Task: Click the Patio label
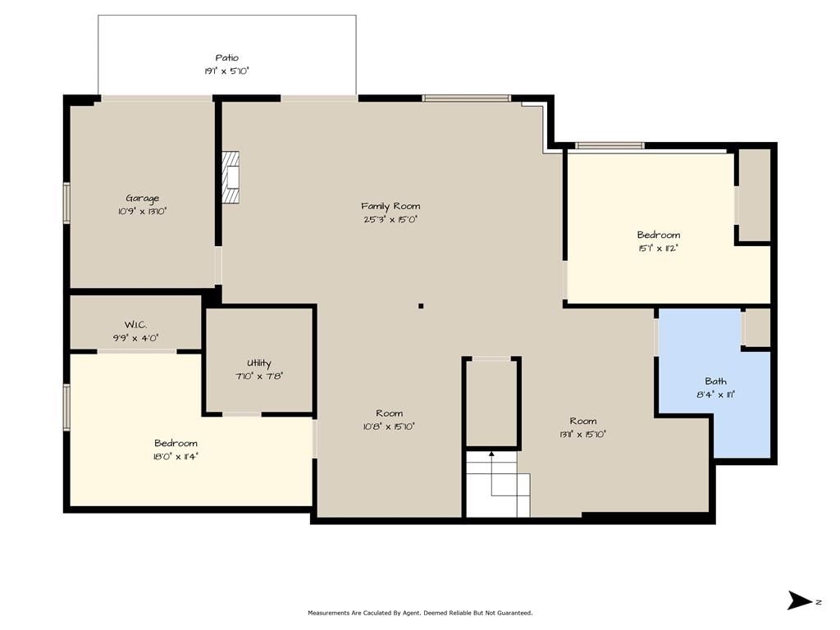[x=226, y=58]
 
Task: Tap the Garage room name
[x=143, y=199]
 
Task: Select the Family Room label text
[x=390, y=206]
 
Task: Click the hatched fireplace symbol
[x=231, y=177]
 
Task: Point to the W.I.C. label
[x=135, y=325]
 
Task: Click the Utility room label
[x=259, y=363]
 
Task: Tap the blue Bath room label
[x=715, y=381]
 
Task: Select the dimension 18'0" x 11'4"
[x=176, y=457]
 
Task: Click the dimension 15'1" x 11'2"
[x=659, y=249]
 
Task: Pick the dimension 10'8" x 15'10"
[x=389, y=427]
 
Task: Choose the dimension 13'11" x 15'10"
[x=583, y=435]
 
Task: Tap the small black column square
[x=421, y=306]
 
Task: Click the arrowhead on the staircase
[x=492, y=454]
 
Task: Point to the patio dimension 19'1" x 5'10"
[x=226, y=71]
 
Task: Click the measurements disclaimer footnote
[x=420, y=613]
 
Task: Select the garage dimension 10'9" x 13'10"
[x=143, y=212]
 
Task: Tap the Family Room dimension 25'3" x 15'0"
[x=390, y=220]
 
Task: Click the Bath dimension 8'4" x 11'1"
[x=715, y=395]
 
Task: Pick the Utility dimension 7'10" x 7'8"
[x=259, y=377]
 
